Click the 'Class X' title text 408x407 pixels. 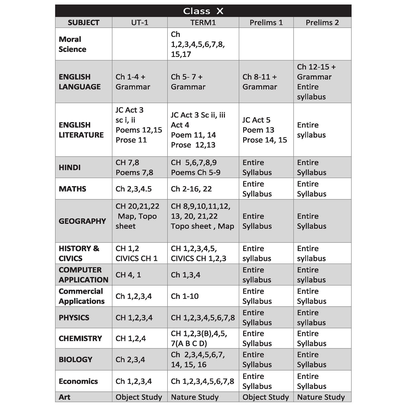pos(203,11)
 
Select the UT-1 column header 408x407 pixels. pos(140,23)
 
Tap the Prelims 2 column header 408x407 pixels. pos(322,23)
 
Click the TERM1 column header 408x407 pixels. pos(203,23)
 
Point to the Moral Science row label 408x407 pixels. pos(72,44)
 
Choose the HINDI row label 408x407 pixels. pos(70,167)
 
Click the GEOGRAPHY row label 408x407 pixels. pos(82,221)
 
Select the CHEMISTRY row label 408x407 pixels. pos(80,338)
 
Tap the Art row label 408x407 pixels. pos(65,397)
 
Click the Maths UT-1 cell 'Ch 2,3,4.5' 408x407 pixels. pos(133,189)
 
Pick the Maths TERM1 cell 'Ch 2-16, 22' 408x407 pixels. pos(191,189)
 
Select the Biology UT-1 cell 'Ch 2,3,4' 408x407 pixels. pos(130,360)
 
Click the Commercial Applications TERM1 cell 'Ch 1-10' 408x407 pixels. pos(185,296)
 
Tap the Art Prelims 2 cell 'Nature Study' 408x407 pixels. pos(321,397)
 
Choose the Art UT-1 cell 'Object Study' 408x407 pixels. pos(139,397)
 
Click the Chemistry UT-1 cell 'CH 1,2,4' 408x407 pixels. pos(131,338)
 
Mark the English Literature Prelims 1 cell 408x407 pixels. pos(265,130)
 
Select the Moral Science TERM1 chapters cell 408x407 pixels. pos(198,44)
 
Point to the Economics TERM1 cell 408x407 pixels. pos(202,381)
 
